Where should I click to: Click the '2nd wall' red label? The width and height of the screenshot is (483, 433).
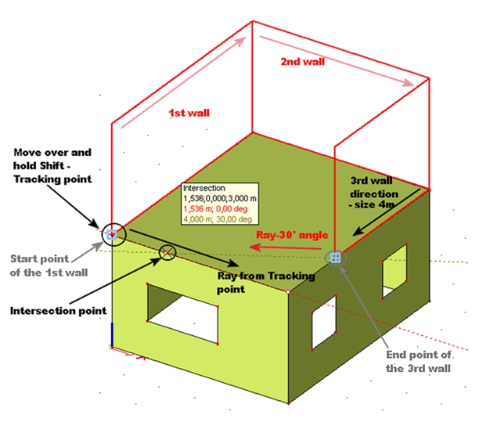(x=304, y=60)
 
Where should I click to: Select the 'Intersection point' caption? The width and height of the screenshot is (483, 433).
(x=58, y=311)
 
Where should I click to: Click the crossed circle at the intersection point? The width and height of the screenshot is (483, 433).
(x=167, y=251)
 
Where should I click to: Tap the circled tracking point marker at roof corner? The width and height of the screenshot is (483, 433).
(x=113, y=233)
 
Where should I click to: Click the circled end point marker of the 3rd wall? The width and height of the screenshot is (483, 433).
(x=335, y=257)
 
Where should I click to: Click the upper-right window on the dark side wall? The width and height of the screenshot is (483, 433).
(x=395, y=270)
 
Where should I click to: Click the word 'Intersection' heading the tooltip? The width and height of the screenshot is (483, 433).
(x=204, y=189)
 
